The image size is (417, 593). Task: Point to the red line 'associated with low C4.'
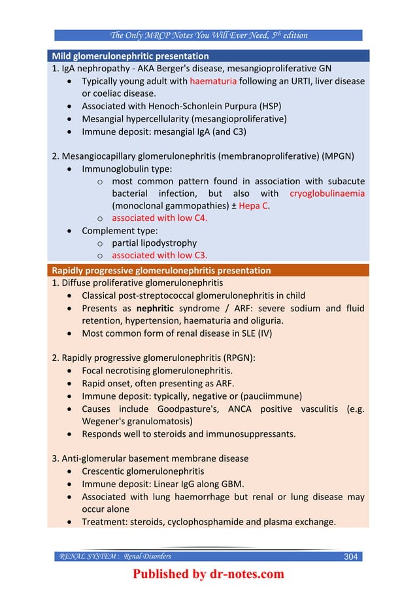[159, 218]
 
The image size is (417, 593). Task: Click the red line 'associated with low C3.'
[159, 256]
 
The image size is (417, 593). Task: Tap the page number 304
[351, 556]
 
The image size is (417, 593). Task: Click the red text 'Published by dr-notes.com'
[208, 575]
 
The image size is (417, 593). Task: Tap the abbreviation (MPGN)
[339, 156]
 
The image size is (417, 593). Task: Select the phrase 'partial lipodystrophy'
[154, 243]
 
